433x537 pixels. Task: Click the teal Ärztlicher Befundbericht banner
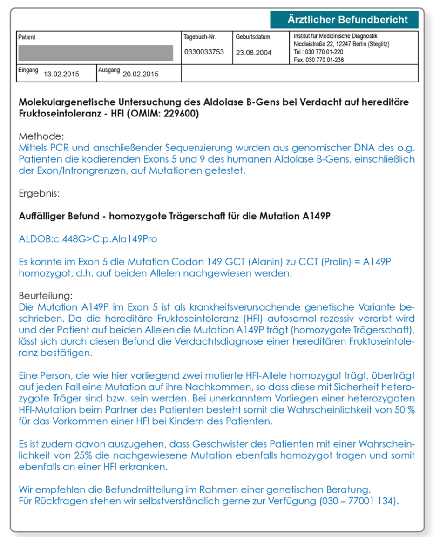[344, 20]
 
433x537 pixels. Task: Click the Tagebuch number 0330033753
[204, 52]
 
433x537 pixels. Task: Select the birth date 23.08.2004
[253, 53]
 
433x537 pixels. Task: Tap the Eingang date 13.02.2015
[61, 74]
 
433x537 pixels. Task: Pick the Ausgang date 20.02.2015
[140, 74]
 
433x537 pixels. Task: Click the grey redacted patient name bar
[95, 53]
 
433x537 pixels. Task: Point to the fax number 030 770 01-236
[319, 60]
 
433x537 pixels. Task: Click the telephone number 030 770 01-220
[319, 52]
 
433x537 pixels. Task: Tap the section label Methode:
[41, 136]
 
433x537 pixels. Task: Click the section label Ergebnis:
[39, 193]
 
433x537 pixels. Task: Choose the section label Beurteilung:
[46, 296]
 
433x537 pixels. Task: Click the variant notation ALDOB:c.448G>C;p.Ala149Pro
[88, 239]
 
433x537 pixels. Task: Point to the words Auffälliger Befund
[55, 217]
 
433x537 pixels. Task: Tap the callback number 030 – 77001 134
[359, 501]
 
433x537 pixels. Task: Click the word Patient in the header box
[27, 37]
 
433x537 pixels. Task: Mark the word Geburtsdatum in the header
[253, 36]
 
